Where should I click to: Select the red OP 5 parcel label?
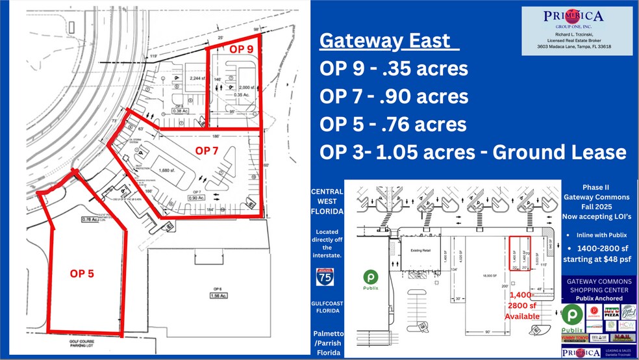pyautogui.click(x=82, y=274)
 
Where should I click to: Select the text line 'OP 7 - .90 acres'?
pyautogui.click(x=394, y=97)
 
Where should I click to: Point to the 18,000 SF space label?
pyautogui.click(x=482, y=276)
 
